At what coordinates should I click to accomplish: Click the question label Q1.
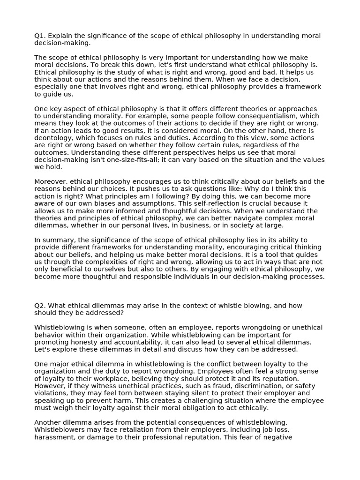[x=40, y=36]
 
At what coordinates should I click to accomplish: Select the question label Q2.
[x=40, y=305]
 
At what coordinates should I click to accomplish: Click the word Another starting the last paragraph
[x=49, y=422]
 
